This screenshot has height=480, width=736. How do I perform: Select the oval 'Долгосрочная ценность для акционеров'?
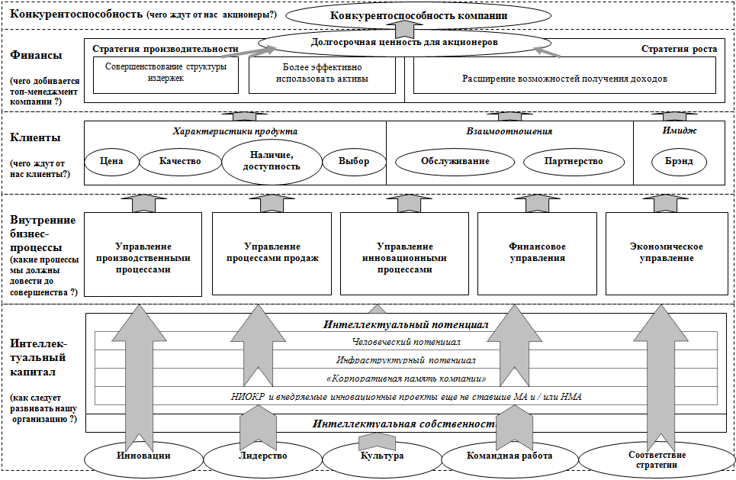coord(404,43)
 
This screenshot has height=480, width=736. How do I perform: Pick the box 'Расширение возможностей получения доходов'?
coord(564,79)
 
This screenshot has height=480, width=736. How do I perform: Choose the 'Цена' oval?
coord(111,161)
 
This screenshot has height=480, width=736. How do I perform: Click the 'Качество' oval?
coord(180,161)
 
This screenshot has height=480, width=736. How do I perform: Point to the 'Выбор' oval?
coord(353,161)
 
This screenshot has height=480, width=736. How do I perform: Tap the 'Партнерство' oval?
coord(574,161)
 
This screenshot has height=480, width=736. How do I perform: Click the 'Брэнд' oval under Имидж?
coord(678,161)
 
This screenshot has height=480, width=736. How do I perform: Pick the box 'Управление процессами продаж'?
coord(272,253)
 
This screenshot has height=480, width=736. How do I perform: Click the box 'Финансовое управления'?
coord(537,253)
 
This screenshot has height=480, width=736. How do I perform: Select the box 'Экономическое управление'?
coord(666,253)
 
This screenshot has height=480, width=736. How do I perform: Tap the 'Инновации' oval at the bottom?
coord(143,456)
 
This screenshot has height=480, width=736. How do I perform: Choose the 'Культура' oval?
coord(382,456)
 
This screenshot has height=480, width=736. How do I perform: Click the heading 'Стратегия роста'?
coord(679,49)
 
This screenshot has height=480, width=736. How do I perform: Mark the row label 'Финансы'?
coord(37,55)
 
